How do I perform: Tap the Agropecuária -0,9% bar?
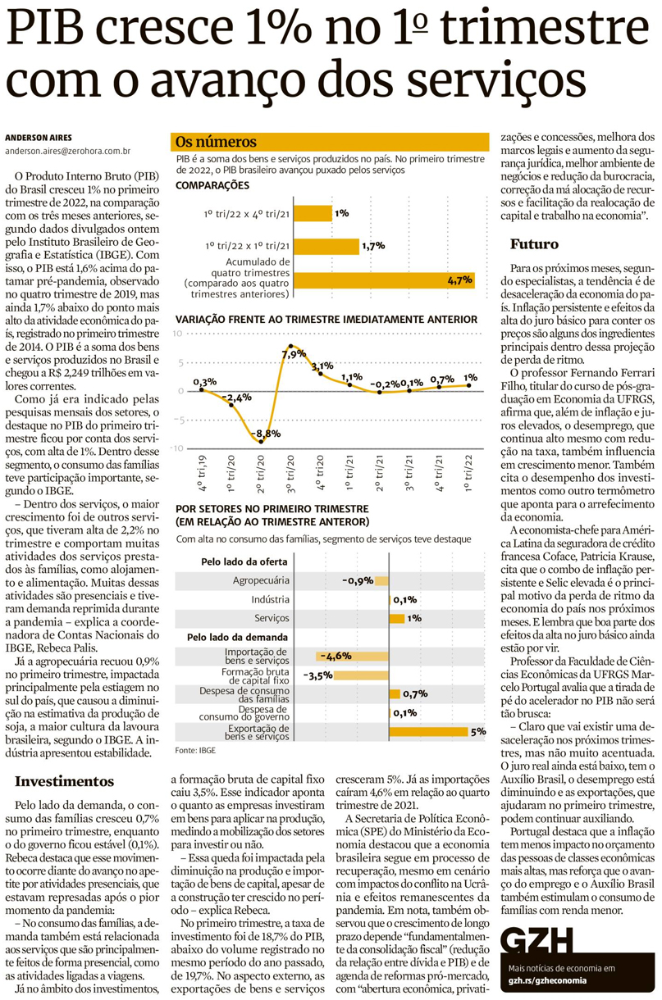(381, 580)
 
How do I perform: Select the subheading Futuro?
(534, 243)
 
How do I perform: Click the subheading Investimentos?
(64, 780)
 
